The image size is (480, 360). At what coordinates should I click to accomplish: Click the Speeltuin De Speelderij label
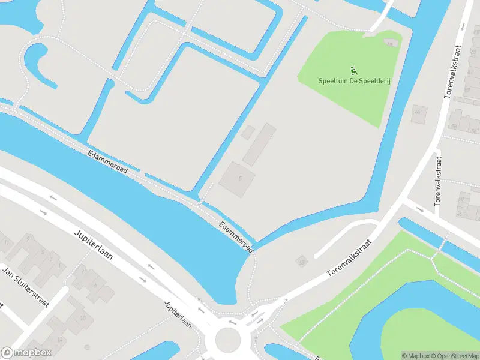coord(354,81)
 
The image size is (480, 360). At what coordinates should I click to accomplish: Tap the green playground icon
coord(353,70)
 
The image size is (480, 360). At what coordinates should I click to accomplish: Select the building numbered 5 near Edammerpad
coord(238,179)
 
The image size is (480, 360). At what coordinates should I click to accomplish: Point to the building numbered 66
coord(418,112)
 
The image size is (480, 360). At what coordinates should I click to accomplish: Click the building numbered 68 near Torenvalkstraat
coord(454,126)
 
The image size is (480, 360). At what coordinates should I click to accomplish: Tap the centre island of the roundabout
coord(227,339)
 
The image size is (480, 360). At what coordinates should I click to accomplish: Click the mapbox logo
coord(26,353)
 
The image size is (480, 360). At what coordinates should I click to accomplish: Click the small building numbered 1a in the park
coord(392,43)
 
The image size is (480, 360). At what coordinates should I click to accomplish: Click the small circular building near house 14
coord(87,347)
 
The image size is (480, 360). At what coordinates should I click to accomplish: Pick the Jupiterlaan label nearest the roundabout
coord(178,313)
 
